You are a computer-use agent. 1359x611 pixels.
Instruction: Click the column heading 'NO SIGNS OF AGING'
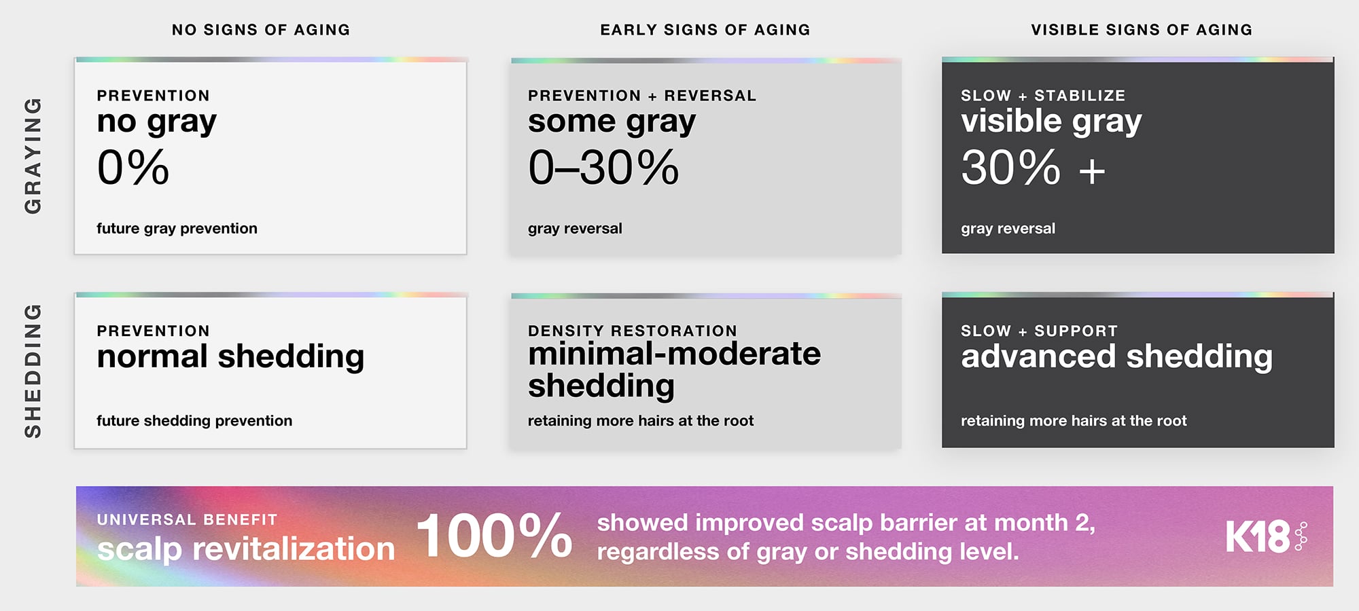click(x=261, y=30)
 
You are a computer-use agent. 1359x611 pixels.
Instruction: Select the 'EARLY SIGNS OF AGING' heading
click(x=705, y=30)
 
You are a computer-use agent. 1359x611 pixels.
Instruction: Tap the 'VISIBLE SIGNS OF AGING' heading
click(x=1142, y=30)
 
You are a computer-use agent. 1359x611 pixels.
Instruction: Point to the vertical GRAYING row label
click(x=33, y=156)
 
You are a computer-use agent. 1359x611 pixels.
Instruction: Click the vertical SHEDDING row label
click(x=33, y=371)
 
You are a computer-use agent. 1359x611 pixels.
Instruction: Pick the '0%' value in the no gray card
click(x=133, y=167)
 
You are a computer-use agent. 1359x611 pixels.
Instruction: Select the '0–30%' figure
click(x=603, y=167)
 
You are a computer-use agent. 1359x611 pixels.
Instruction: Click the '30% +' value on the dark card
click(x=1033, y=167)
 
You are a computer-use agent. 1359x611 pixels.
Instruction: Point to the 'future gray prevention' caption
click(x=177, y=229)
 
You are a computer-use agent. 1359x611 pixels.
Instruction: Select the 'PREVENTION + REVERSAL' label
click(x=642, y=96)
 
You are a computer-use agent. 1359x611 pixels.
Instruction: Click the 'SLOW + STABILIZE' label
click(x=1043, y=96)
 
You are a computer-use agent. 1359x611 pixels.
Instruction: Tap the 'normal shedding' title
click(x=230, y=357)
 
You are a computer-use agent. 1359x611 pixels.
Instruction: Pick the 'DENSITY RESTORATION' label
click(x=633, y=331)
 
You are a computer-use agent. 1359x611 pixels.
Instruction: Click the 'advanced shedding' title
click(x=1116, y=357)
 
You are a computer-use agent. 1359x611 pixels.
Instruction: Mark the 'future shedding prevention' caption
click(x=194, y=421)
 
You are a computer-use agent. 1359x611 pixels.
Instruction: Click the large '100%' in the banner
click(x=495, y=536)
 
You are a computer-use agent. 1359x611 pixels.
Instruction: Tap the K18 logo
click(x=1267, y=536)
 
